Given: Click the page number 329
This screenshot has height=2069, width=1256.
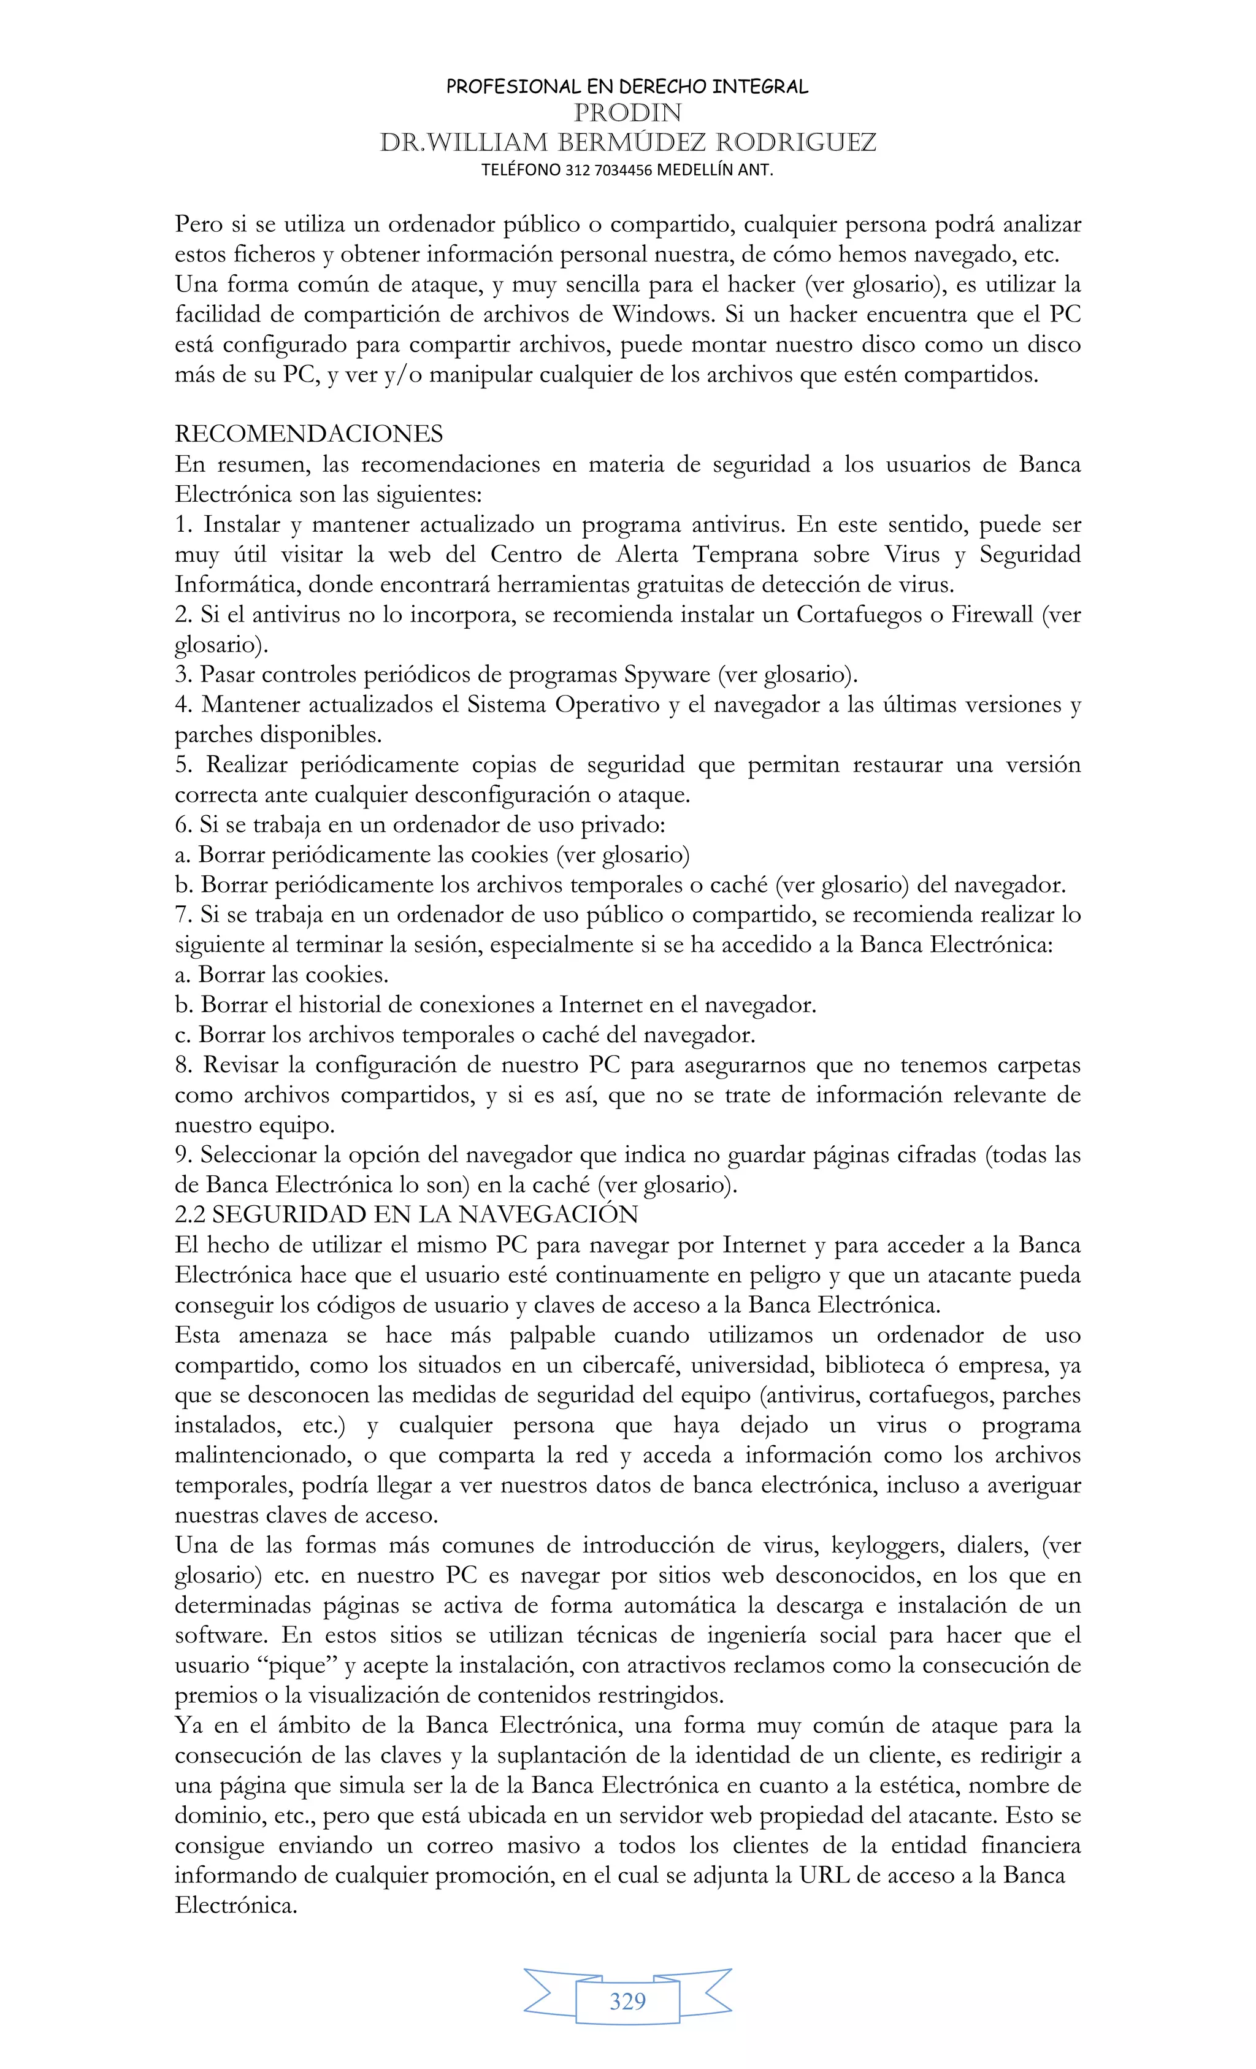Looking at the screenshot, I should pyautogui.click(x=627, y=2001).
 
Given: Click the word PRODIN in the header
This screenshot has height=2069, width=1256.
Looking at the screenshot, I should pyautogui.click(x=627, y=112).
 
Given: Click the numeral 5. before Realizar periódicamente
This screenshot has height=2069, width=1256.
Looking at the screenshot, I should pyautogui.click(x=184, y=764).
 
